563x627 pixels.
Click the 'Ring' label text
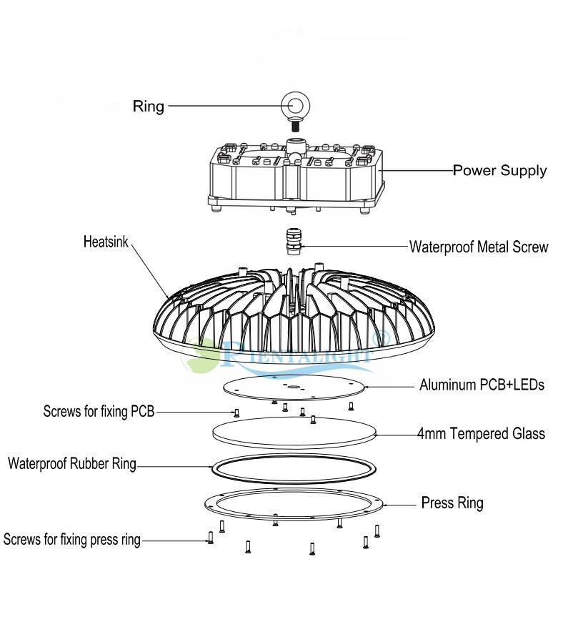click(x=148, y=107)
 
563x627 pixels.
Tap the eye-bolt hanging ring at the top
click(x=293, y=104)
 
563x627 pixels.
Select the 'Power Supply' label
click(x=499, y=170)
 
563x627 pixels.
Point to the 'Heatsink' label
click(x=106, y=242)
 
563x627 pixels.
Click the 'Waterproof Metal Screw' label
click(x=478, y=247)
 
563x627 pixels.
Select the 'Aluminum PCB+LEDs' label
click(x=482, y=385)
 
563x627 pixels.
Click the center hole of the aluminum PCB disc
click(x=294, y=387)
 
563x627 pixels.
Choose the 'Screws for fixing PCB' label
click(x=99, y=412)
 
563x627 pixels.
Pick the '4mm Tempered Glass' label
click(x=481, y=433)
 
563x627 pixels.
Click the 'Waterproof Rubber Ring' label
click(x=71, y=464)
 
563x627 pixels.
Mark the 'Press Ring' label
click(x=452, y=503)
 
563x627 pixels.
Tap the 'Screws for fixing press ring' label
click(x=71, y=539)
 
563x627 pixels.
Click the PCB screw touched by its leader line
click(x=236, y=412)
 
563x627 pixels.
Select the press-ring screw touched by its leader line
click(x=210, y=538)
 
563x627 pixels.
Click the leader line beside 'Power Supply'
click(x=418, y=171)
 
